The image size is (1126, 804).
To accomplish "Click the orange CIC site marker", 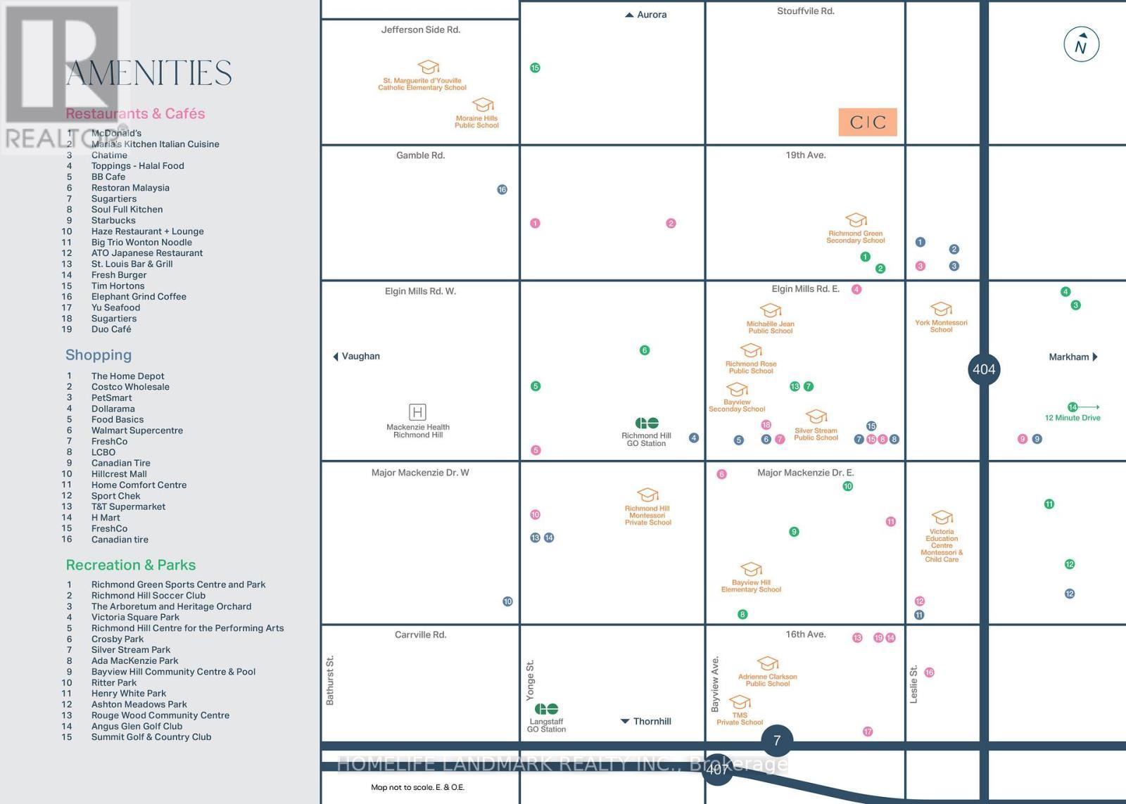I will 868,122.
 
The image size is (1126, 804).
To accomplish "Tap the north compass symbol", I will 1081,45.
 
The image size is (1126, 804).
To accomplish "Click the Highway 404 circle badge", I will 984,369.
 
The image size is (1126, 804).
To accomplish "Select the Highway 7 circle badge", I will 777,740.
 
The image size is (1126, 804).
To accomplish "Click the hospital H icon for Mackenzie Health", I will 417,412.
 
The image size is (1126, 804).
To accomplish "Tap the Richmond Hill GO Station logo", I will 647,423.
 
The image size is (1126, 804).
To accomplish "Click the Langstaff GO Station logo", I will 546,709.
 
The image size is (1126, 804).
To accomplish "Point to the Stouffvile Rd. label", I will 805,11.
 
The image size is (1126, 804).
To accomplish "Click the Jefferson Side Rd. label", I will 420,30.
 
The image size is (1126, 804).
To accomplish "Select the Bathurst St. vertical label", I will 330,680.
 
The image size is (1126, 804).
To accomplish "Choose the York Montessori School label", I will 941,326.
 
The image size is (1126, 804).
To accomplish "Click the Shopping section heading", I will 99,355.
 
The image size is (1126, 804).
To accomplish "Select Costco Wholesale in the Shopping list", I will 130,387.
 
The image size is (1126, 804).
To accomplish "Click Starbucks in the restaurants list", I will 113,220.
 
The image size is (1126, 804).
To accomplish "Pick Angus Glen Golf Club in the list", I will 137,726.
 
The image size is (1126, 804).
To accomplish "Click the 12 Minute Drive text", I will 1073,418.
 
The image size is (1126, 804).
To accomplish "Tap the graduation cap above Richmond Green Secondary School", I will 856,219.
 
